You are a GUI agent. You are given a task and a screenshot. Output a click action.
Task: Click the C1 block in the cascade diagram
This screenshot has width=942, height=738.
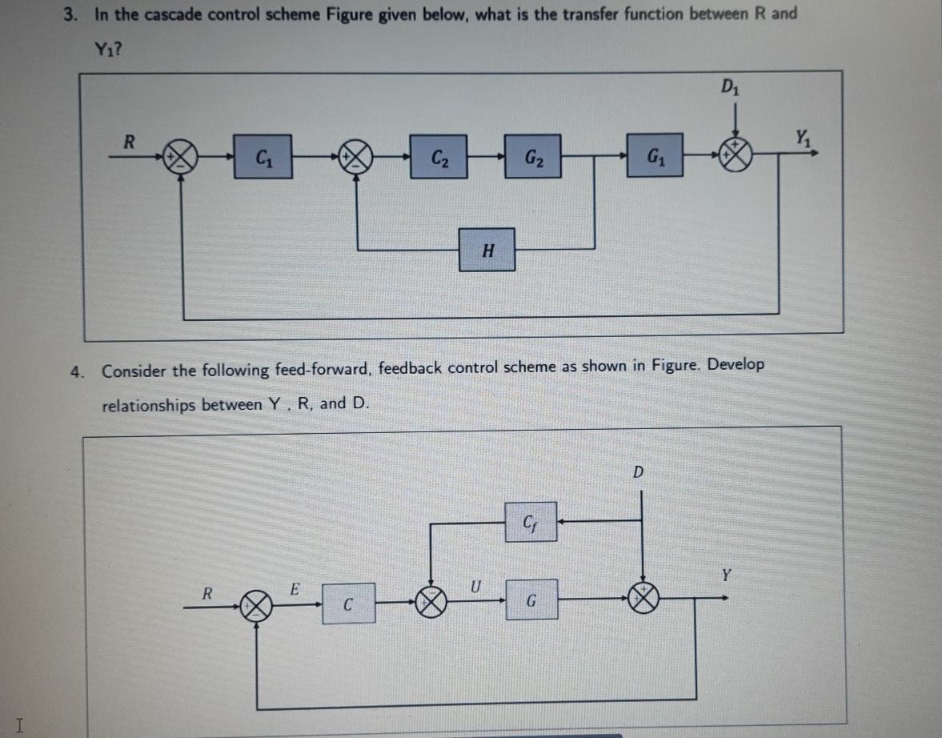click(262, 154)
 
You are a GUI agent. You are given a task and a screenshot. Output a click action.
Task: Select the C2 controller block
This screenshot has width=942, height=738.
click(439, 154)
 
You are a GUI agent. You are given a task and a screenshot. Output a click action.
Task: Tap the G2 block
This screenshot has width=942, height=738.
click(533, 154)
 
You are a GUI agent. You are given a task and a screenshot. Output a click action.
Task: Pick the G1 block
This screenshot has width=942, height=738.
click(655, 154)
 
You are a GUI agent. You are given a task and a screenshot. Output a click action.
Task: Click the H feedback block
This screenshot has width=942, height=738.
click(487, 250)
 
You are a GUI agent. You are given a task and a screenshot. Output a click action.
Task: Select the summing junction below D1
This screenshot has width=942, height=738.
click(734, 154)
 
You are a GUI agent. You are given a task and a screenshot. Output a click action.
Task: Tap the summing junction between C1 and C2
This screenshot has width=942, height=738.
click(356, 156)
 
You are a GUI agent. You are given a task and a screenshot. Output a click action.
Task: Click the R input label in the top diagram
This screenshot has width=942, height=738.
click(127, 141)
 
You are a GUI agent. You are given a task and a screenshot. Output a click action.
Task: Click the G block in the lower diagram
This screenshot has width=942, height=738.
click(531, 600)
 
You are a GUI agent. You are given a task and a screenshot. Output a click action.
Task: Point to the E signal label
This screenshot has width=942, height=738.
click(294, 590)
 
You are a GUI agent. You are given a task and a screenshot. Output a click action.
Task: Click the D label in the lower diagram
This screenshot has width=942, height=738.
click(638, 471)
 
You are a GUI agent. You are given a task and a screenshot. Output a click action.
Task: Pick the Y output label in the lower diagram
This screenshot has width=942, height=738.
click(726, 574)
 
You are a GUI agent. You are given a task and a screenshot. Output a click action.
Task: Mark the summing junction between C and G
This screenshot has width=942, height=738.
click(433, 600)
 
